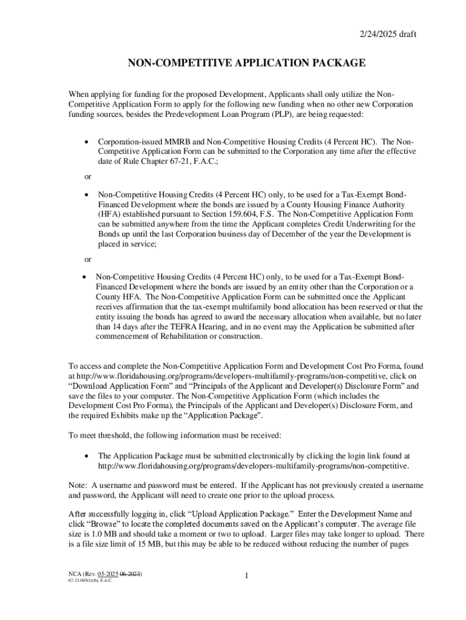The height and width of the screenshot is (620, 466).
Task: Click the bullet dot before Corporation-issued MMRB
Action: click(88, 141)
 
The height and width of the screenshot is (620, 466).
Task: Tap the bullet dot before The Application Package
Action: click(88, 456)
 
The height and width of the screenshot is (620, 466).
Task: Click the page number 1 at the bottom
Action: click(247, 576)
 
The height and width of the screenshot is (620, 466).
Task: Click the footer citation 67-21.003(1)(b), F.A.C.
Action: click(82, 580)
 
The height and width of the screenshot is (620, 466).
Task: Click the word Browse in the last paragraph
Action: click(103, 524)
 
